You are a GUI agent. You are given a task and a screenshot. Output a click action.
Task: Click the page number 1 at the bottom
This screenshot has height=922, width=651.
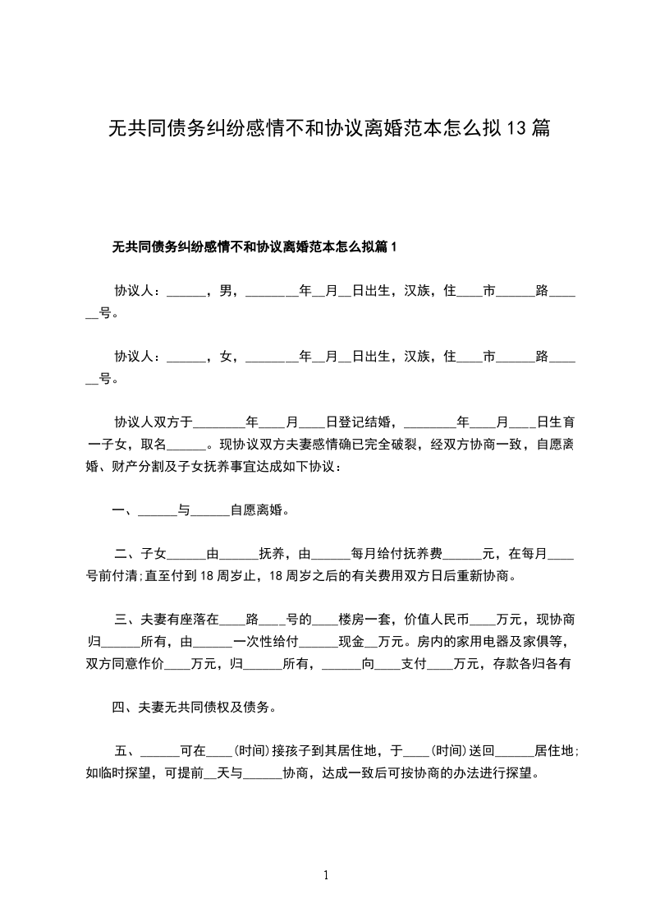point(326,875)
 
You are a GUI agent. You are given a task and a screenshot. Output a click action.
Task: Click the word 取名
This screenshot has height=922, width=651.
point(154,445)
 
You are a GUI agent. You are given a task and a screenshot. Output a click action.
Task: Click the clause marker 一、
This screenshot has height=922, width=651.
point(124,510)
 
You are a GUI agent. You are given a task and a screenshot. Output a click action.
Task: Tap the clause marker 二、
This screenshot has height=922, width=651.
point(127,554)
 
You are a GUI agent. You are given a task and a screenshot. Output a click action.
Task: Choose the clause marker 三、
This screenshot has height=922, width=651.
point(127,620)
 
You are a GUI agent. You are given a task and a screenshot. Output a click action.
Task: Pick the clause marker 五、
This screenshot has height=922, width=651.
point(127,751)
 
